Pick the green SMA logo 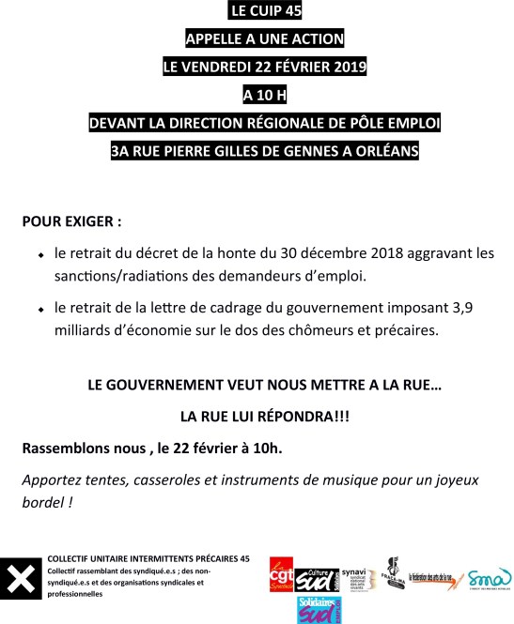click(491, 573)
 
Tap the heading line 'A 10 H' click(257, 95)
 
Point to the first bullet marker click(41, 255)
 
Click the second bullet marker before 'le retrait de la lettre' click(41, 310)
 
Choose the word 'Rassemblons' click(68, 449)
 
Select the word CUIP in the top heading click(259, 12)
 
